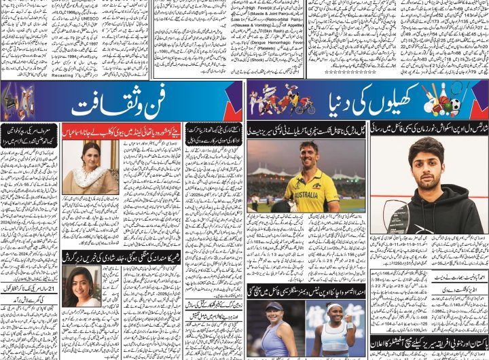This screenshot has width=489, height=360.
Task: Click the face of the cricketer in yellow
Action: click(x=309, y=155)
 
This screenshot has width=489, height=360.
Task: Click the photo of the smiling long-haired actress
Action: click(x=81, y=286)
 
